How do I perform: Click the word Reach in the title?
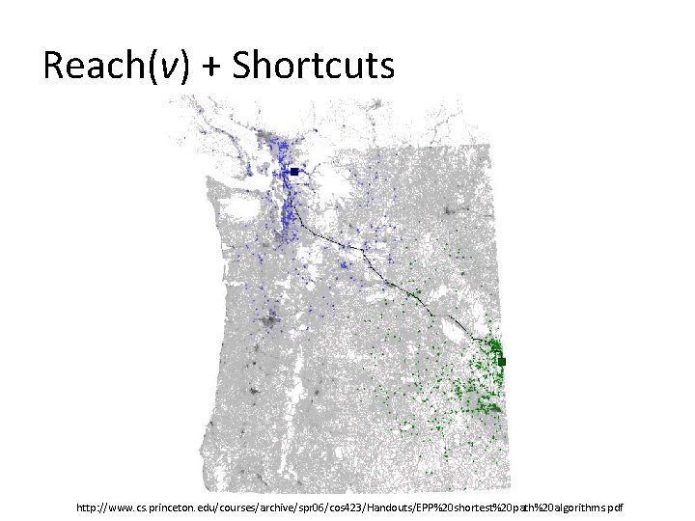pyautogui.click(x=93, y=66)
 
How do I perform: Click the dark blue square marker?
pyautogui.click(x=293, y=172)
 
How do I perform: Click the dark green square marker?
pyautogui.click(x=502, y=361)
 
